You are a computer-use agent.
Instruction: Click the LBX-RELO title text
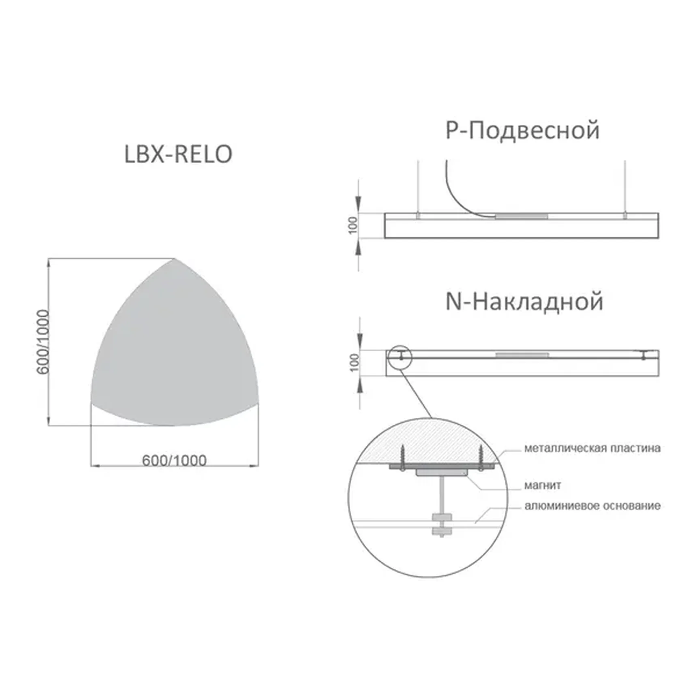click(178, 154)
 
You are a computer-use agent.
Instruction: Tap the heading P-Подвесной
click(522, 130)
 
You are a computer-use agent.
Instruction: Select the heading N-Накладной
click(524, 302)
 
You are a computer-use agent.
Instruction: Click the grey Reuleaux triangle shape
click(174, 353)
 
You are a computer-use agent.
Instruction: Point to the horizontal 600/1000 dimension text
click(174, 460)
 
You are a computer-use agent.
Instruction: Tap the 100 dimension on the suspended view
click(353, 225)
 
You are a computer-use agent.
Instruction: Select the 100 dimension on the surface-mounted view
click(354, 363)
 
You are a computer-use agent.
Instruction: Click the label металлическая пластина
click(592, 448)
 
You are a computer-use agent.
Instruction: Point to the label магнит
click(542, 485)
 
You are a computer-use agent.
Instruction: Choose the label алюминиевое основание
click(592, 506)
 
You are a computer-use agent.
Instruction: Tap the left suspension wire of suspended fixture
click(418, 186)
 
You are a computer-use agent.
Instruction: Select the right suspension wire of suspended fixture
click(625, 186)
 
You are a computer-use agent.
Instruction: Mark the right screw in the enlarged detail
click(481, 457)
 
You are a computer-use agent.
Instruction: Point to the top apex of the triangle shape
click(174, 259)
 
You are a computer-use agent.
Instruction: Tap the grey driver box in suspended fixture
click(521, 216)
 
